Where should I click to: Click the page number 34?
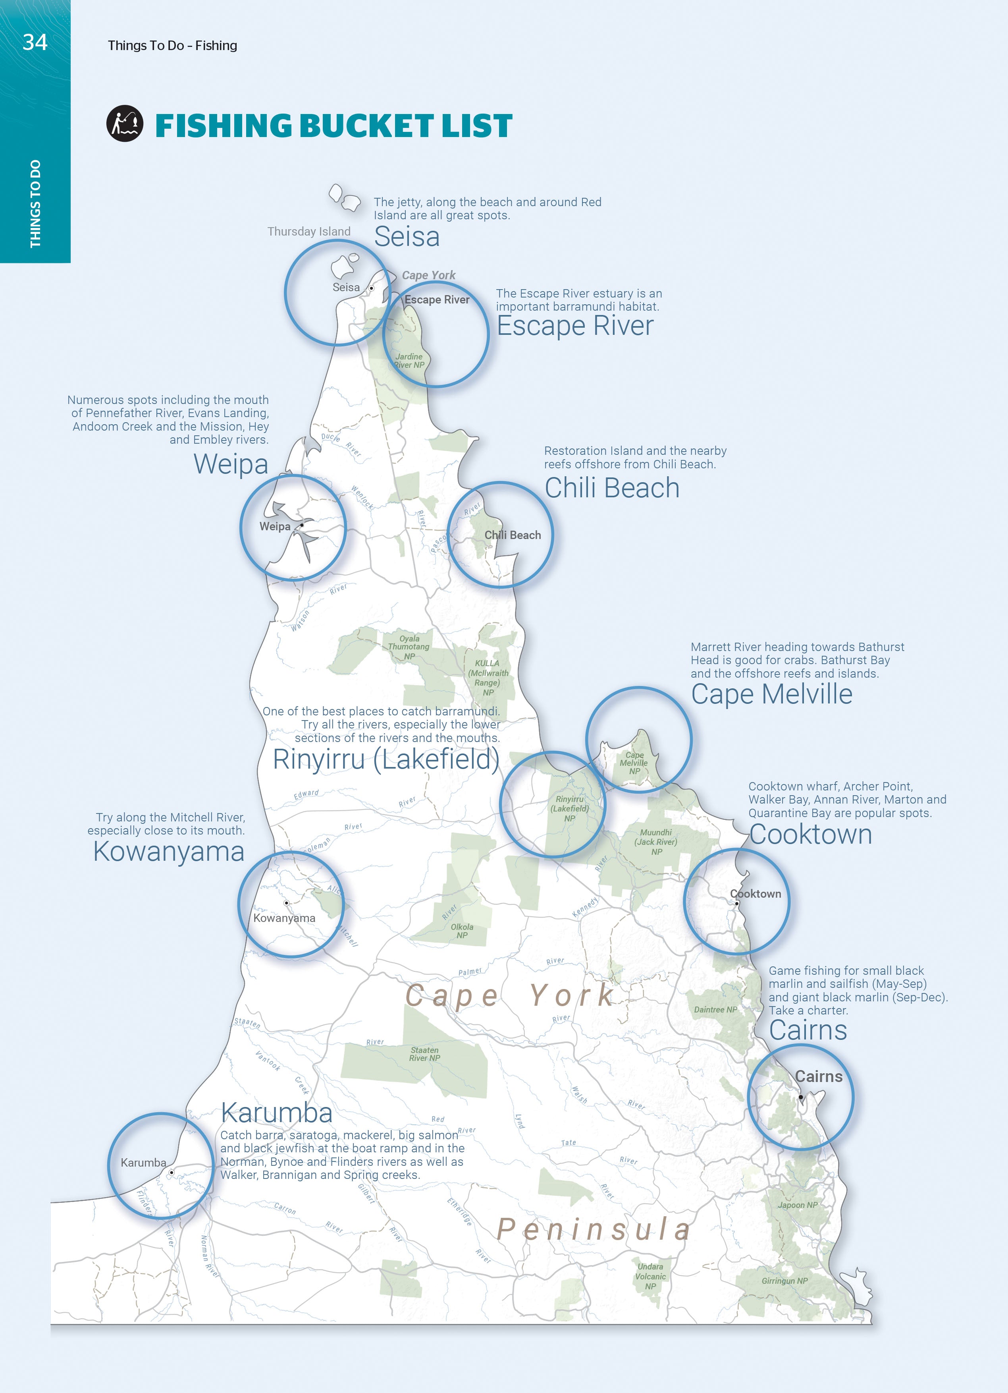pos(35,43)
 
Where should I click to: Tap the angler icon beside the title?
pos(125,124)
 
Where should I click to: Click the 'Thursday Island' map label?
pos(309,232)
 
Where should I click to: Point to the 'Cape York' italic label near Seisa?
pos(428,275)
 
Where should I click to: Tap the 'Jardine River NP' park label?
pos(409,361)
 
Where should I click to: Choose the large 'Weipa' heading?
pos(231,464)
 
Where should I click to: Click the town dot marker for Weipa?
pos(302,525)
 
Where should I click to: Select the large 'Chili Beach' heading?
pos(612,488)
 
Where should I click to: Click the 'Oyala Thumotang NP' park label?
pos(409,647)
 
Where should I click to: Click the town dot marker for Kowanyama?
pos(287,903)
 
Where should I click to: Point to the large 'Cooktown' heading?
pos(810,835)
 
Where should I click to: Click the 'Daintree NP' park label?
pos(715,1009)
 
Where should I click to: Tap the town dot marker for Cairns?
pos(800,1097)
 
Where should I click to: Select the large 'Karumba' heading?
pos(277,1113)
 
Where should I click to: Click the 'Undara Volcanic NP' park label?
pos(650,1276)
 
